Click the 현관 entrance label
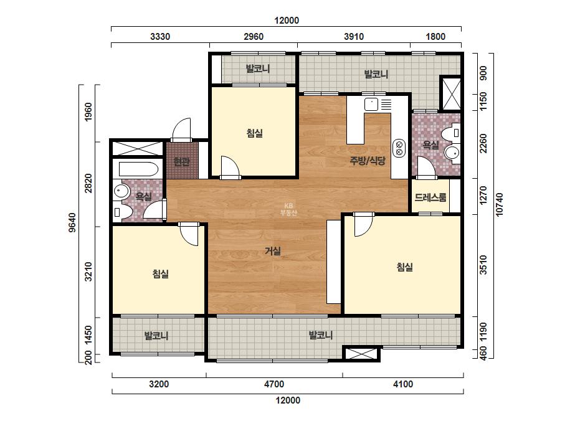point(181,162)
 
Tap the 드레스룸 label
point(430,197)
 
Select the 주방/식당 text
point(368,161)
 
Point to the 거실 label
point(273,251)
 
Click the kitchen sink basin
point(371,104)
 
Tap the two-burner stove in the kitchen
point(399,148)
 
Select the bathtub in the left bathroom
point(139,169)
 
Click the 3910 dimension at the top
point(354,36)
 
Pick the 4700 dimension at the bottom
point(274,384)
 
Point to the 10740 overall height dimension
point(500,205)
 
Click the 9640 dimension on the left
point(72,222)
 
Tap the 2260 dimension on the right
point(483,143)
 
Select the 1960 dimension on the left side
point(88,112)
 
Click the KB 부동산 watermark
point(288,209)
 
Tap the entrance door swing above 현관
point(181,130)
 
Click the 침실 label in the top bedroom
point(255,133)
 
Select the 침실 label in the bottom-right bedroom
point(405,267)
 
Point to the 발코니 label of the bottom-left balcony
point(156,335)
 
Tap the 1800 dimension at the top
point(435,36)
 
